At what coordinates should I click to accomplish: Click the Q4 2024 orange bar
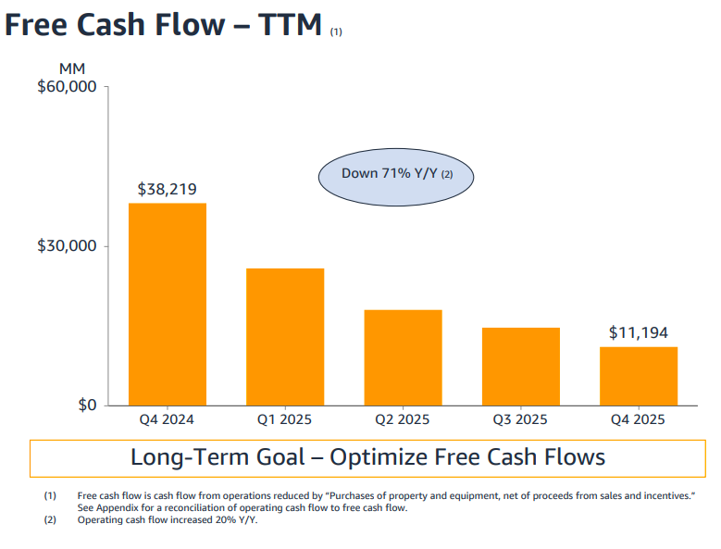pos(168,305)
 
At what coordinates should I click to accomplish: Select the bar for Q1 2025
pos(285,337)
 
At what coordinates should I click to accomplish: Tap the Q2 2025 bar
pos(404,357)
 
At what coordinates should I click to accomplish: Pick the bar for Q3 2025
pos(521,367)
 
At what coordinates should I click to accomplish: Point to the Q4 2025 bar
pos(639,376)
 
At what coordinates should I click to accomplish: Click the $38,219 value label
pos(168,189)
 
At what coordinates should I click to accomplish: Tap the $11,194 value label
pos(639,332)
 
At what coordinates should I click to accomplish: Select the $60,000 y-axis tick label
pos(67,86)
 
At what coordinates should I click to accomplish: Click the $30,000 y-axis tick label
pos(67,245)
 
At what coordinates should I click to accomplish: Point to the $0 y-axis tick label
pos(87,406)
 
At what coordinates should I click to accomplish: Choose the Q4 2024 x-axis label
pos(167,419)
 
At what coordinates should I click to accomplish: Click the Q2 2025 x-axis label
pos(403,419)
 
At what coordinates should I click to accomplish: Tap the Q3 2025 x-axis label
pos(520,419)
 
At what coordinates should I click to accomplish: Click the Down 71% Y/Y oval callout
pos(396,177)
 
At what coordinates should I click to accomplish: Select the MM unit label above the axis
pos(72,69)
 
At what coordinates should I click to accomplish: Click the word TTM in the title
pos(290,24)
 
